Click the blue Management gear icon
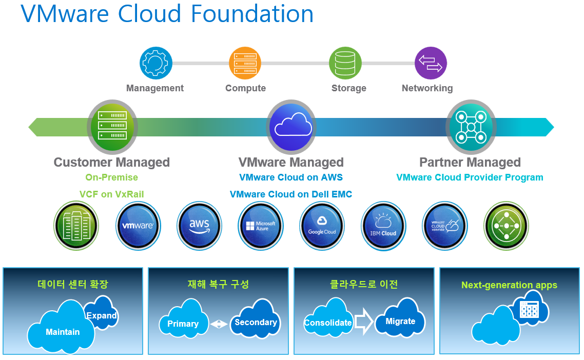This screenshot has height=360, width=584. [x=155, y=63]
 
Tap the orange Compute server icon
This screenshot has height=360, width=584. [x=245, y=63]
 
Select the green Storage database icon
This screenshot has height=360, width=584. [x=345, y=63]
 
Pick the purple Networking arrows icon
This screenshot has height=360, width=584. [x=431, y=63]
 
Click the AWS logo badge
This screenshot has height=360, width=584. [x=200, y=226]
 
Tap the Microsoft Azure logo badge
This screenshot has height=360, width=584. [x=261, y=226]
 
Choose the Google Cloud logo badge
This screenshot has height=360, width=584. [x=322, y=226]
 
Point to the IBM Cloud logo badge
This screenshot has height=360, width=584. [x=383, y=226]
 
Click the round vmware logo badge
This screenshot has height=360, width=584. [x=138, y=226]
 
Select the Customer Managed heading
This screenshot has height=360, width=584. [x=111, y=163]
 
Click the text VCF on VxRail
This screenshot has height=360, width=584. [x=111, y=194]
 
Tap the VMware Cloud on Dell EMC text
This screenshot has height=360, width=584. [x=291, y=194]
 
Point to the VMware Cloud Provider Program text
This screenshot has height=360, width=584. [x=470, y=177]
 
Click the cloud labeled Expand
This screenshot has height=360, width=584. [x=102, y=314]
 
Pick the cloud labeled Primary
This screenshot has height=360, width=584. [x=183, y=324]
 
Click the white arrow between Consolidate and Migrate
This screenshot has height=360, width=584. [x=364, y=322]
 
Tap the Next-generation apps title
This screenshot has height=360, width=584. [x=509, y=285]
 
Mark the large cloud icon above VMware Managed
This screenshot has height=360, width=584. [x=291, y=127]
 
